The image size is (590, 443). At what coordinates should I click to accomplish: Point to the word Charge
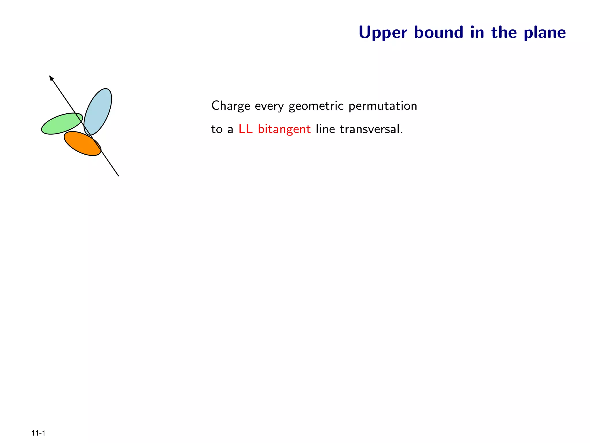click(x=230, y=106)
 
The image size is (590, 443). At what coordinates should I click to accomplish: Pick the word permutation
click(x=383, y=106)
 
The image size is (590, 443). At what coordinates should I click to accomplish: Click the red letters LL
click(x=245, y=129)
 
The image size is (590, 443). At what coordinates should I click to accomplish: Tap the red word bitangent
click(x=284, y=129)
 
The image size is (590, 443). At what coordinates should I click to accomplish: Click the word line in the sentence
click(x=325, y=129)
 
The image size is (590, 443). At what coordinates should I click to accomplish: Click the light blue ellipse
click(x=99, y=108)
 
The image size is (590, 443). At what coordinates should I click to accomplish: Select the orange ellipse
click(x=81, y=144)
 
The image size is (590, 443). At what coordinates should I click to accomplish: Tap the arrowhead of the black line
click(x=51, y=77)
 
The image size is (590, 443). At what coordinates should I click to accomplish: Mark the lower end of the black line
click(x=118, y=175)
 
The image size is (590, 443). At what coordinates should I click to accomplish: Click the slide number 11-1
click(x=38, y=433)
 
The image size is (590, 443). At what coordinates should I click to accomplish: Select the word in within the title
click(x=477, y=32)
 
